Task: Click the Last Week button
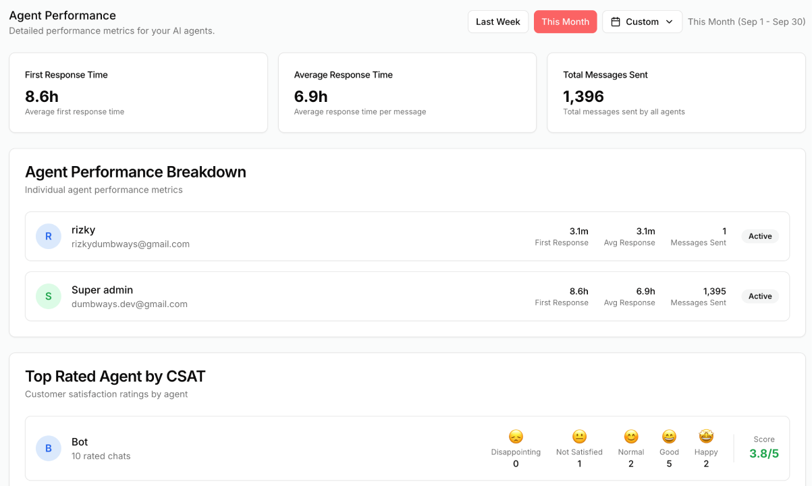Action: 497,22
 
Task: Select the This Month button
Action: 565,22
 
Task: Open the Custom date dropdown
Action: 642,22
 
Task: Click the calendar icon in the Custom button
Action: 616,22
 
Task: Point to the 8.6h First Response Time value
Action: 42,97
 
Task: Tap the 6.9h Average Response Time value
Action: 310,97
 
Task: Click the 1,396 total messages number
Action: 583,97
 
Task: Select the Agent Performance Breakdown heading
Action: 135,172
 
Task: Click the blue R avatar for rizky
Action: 49,236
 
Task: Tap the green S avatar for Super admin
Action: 49,296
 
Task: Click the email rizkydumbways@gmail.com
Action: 130,244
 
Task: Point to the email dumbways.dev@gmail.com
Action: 130,304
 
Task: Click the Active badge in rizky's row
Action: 760,236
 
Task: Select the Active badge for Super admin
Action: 760,296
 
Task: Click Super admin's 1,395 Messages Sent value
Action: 714,292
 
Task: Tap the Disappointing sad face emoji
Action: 516,437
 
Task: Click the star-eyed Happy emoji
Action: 706,437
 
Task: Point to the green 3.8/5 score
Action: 764,454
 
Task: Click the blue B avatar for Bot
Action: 49,448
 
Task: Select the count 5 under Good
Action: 669,464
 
